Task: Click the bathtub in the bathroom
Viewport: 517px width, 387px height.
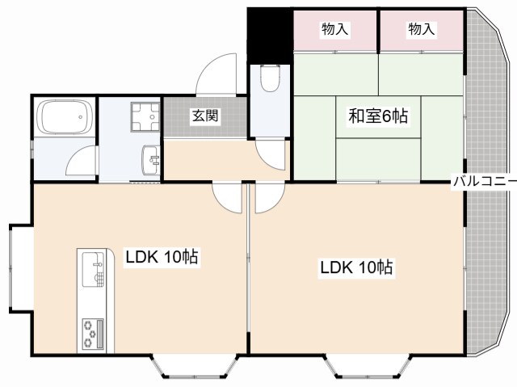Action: [x=65, y=116]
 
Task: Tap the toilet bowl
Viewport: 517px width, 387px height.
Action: [x=270, y=78]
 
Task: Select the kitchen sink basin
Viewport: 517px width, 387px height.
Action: [x=93, y=269]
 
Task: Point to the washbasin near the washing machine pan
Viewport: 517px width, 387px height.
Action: [x=151, y=160]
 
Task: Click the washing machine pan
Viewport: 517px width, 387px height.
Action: [x=145, y=116]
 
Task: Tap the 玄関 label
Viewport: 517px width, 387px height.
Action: [x=205, y=116]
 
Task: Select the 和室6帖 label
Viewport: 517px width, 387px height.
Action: [x=378, y=116]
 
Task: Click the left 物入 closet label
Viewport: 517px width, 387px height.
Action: [x=334, y=29]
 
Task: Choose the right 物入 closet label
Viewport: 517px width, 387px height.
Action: [x=422, y=29]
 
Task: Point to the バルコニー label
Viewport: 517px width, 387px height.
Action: [x=484, y=181]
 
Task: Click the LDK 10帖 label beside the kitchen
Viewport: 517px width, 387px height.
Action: [x=162, y=256]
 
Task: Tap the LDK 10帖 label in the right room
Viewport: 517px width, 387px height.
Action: [x=356, y=267]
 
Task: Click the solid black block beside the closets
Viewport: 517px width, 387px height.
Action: [x=270, y=36]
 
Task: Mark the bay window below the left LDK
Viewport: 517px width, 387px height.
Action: [x=195, y=367]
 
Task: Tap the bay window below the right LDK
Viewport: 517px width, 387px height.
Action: [x=368, y=367]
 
